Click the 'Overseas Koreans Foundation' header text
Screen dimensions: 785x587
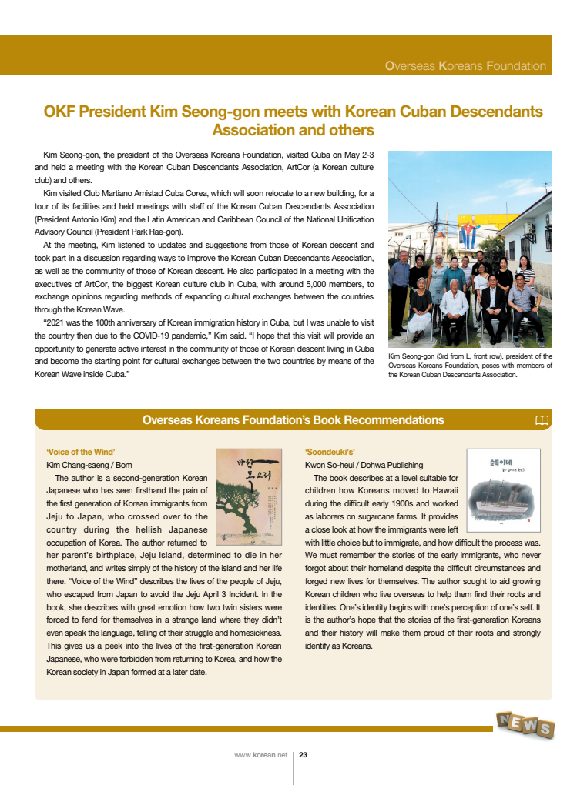click(x=465, y=66)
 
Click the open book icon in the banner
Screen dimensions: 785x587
click(x=542, y=420)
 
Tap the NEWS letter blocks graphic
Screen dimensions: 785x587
click(x=525, y=724)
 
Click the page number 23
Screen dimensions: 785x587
click(x=304, y=755)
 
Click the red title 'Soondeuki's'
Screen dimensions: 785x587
click(x=330, y=452)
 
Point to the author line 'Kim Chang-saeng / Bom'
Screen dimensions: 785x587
click(x=89, y=465)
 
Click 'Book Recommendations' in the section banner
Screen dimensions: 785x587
click(x=371, y=420)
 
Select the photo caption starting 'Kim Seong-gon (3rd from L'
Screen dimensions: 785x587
click(x=470, y=366)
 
